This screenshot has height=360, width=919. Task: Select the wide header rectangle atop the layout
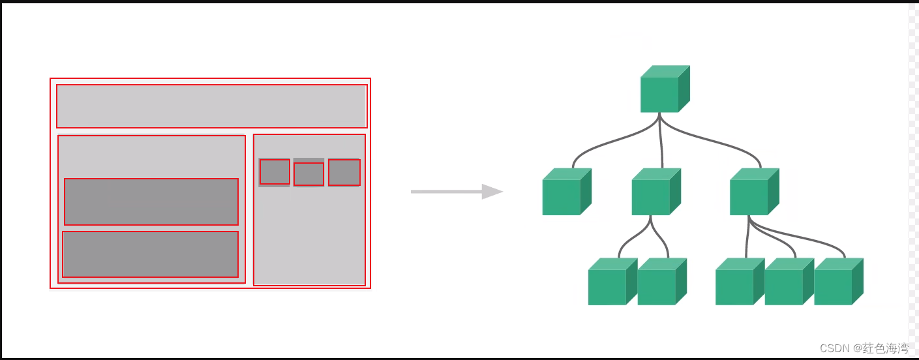(x=211, y=106)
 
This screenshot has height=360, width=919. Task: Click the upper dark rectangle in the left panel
(x=151, y=202)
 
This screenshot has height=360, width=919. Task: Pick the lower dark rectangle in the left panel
(x=150, y=254)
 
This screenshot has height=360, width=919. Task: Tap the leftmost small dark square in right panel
(x=275, y=172)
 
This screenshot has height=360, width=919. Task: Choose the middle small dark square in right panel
(x=309, y=174)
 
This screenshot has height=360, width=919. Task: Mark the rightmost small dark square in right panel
(x=344, y=172)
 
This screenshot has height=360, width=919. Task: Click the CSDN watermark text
(x=864, y=348)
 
